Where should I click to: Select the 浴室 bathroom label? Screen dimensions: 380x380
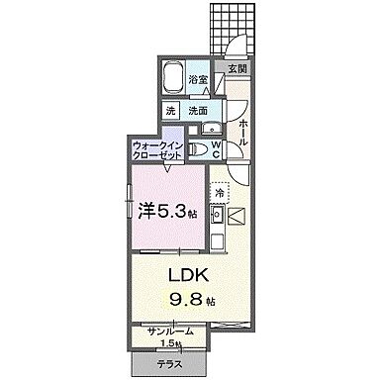(198, 79)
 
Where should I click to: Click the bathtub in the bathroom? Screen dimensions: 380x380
(174, 79)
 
